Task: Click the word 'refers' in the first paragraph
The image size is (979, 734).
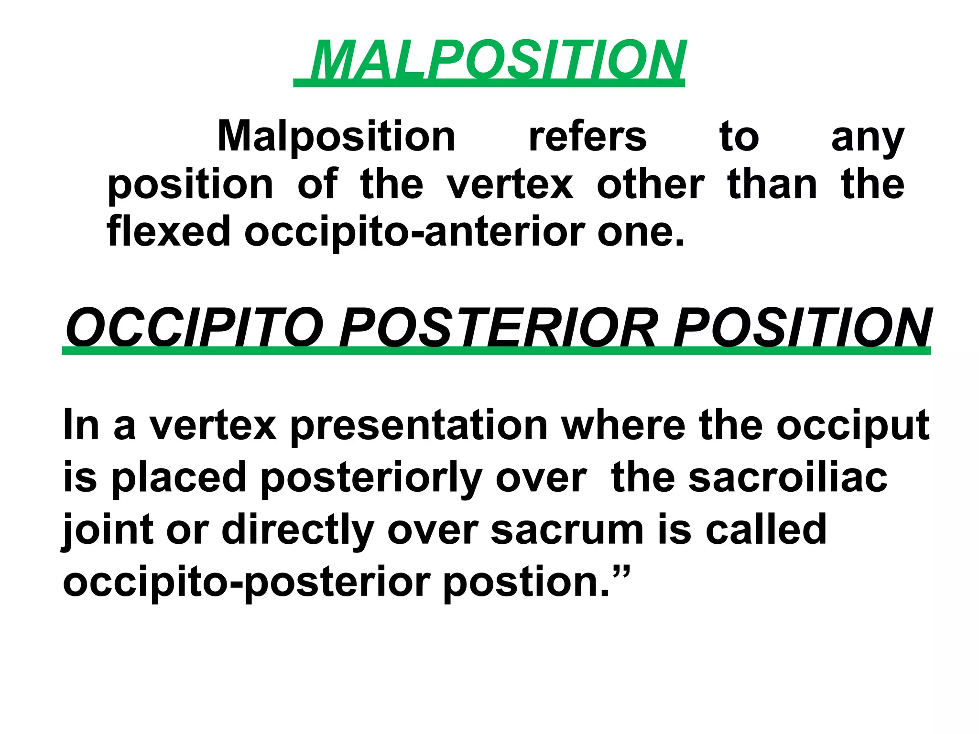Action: coord(587,137)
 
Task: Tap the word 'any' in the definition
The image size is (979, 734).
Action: coord(868,139)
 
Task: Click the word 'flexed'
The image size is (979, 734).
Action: coord(168,231)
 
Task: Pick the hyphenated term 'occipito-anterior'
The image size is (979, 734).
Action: coord(414,232)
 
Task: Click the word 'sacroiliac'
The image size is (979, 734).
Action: coord(787,477)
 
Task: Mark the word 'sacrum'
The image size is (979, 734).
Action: coord(567,530)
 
